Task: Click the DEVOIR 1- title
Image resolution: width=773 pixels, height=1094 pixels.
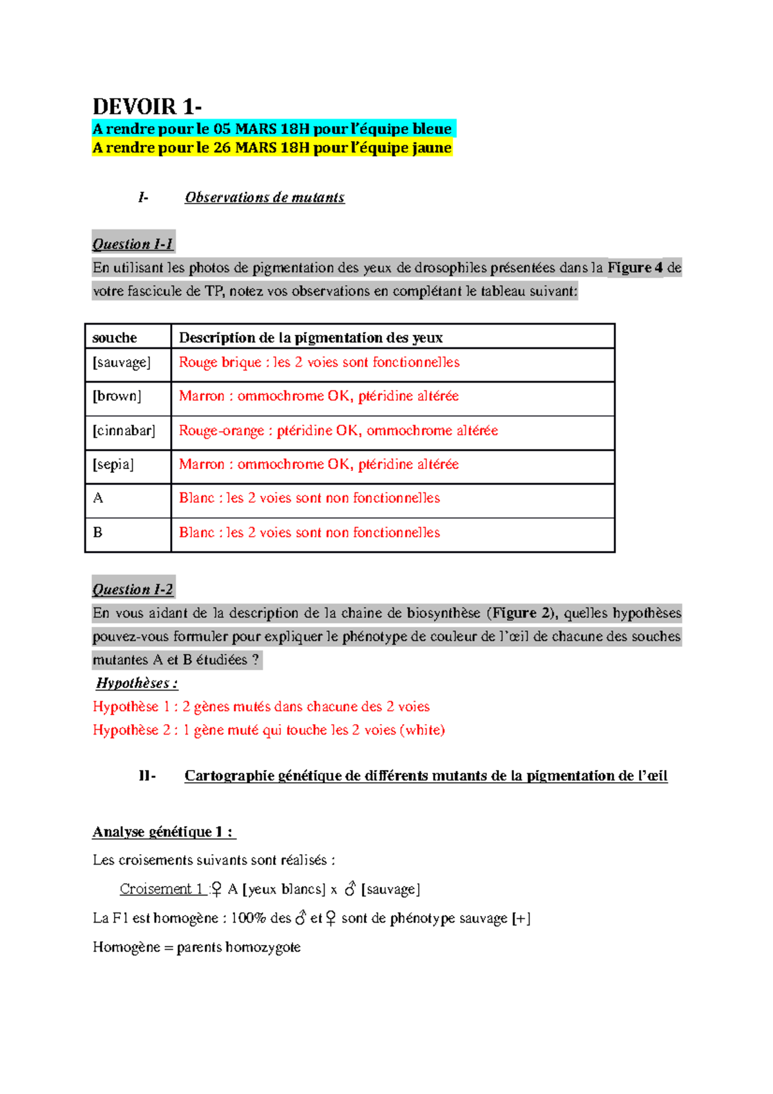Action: coord(147,106)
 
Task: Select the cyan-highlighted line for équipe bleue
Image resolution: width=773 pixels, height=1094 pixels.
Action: coord(272,129)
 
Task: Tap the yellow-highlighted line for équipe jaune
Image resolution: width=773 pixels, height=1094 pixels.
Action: coord(272,148)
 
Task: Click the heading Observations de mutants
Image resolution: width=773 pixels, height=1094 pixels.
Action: coord(264,198)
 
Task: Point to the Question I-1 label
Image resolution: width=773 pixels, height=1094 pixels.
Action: coord(133,244)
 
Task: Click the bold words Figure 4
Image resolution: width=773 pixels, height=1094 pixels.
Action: coord(635,268)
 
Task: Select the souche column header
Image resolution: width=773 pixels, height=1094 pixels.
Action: coord(115,338)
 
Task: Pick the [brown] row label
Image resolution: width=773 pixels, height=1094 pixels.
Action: coord(117,396)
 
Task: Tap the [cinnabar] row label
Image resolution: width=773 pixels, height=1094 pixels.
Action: coord(124,430)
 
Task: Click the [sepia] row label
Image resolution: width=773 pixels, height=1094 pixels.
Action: coord(113,465)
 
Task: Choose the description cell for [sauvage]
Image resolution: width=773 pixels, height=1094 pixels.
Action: coord(319,363)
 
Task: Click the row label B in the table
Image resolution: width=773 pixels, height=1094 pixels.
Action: coord(98,533)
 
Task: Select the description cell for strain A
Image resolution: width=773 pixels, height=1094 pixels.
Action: coord(309,498)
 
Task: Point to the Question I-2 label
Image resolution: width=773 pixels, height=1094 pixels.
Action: coord(133,590)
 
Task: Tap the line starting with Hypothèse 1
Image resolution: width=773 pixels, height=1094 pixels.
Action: coord(261,707)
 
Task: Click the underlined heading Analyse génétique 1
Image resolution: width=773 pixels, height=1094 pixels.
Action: coord(163,832)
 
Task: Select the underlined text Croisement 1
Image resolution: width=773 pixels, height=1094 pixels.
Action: coord(161,889)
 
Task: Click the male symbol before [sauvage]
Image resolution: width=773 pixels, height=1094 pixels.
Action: coord(350,889)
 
